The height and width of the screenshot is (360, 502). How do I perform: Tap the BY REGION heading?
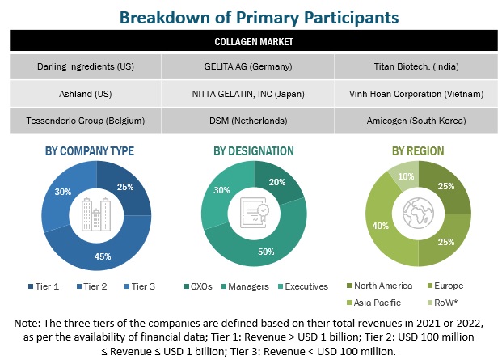[x=416, y=150]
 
